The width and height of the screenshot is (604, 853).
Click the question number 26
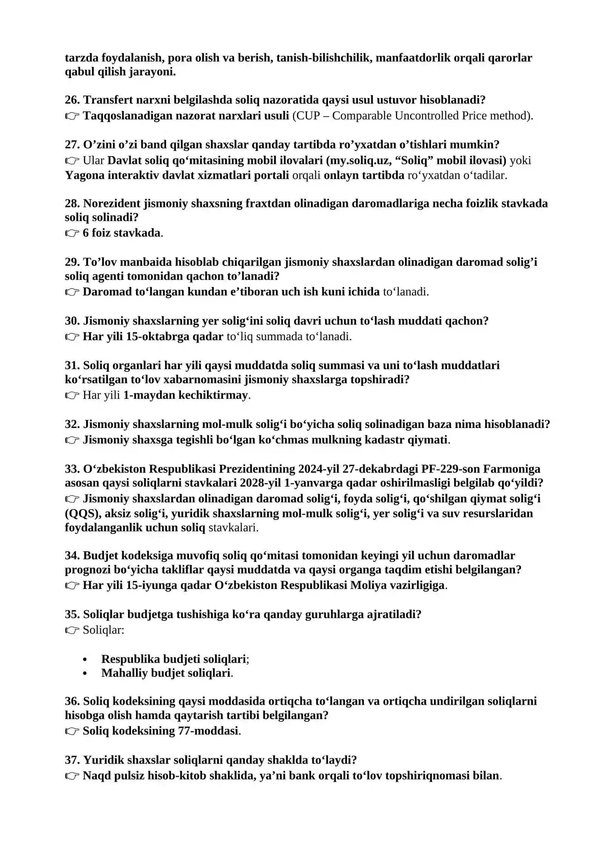pyautogui.click(x=72, y=100)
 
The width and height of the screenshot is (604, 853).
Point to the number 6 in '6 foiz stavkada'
pyautogui.click(x=86, y=233)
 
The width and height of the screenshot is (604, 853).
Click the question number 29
pyautogui.click(x=72, y=262)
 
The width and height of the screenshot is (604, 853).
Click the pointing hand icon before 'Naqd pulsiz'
pyautogui.click(x=72, y=776)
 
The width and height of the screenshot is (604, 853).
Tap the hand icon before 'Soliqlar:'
pyautogui.click(x=72, y=630)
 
